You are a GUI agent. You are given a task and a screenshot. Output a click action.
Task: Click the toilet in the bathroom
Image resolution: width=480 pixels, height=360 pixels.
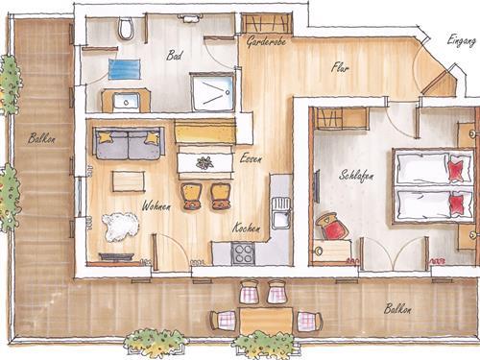coord(126,28)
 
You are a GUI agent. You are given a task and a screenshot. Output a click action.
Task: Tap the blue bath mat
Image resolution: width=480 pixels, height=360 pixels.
coord(125,69)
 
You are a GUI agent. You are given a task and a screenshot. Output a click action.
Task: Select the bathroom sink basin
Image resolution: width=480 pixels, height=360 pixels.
coord(126,102)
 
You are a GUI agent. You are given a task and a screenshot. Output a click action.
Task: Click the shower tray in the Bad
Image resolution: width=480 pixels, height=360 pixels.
coord(213,92)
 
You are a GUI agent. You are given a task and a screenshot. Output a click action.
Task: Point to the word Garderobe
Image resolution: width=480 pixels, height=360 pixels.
coord(266,41)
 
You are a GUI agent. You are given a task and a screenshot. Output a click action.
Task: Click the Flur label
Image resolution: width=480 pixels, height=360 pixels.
coord(340,67)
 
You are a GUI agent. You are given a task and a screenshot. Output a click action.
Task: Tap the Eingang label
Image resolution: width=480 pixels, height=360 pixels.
coord(462,41)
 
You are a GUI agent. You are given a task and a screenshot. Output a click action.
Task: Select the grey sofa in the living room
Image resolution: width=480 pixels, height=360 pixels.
coord(130,143)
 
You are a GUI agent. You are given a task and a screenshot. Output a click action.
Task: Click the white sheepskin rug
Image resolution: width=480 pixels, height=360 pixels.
coord(121,227)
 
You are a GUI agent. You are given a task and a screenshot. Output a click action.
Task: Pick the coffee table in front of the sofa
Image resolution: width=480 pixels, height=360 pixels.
coord(128,181)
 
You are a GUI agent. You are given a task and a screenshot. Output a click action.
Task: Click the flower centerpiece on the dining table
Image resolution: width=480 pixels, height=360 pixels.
coord(204,163)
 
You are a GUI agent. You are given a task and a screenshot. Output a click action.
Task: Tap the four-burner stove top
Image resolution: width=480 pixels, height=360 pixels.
coord(243,253)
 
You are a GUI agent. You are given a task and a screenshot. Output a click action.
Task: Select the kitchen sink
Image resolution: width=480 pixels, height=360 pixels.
coord(280,213)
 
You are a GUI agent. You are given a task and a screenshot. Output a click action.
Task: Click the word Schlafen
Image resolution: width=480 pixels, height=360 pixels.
coord(356,176)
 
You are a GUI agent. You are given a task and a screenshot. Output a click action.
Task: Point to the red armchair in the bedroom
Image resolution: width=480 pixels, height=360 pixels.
coord(331,227)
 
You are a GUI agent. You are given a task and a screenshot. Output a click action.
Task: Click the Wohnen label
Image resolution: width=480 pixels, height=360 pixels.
coord(156,206)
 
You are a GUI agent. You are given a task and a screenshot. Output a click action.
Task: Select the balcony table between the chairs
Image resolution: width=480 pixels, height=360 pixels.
coord(266,321)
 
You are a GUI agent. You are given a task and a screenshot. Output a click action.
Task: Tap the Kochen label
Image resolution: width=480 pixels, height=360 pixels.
coord(246,228)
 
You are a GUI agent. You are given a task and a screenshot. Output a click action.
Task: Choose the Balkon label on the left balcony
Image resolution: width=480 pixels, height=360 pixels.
coord(41,138)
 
